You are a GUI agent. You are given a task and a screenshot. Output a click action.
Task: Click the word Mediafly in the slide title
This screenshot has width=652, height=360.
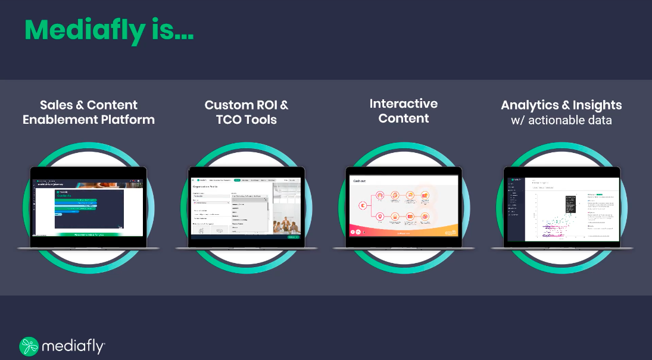84,29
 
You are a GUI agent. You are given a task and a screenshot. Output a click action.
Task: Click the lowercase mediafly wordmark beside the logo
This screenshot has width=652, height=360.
73,346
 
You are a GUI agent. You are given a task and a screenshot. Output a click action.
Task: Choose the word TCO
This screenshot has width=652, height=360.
230,120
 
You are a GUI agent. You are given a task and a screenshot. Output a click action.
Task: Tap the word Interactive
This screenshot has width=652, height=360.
403,104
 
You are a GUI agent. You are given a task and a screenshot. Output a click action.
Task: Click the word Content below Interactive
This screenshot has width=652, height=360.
403,118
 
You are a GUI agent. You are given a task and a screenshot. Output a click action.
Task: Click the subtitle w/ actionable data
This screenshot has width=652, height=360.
561,120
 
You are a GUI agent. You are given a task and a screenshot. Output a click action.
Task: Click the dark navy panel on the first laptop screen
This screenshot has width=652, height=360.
89,208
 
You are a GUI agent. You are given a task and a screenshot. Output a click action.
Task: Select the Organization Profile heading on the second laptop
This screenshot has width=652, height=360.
208,186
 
